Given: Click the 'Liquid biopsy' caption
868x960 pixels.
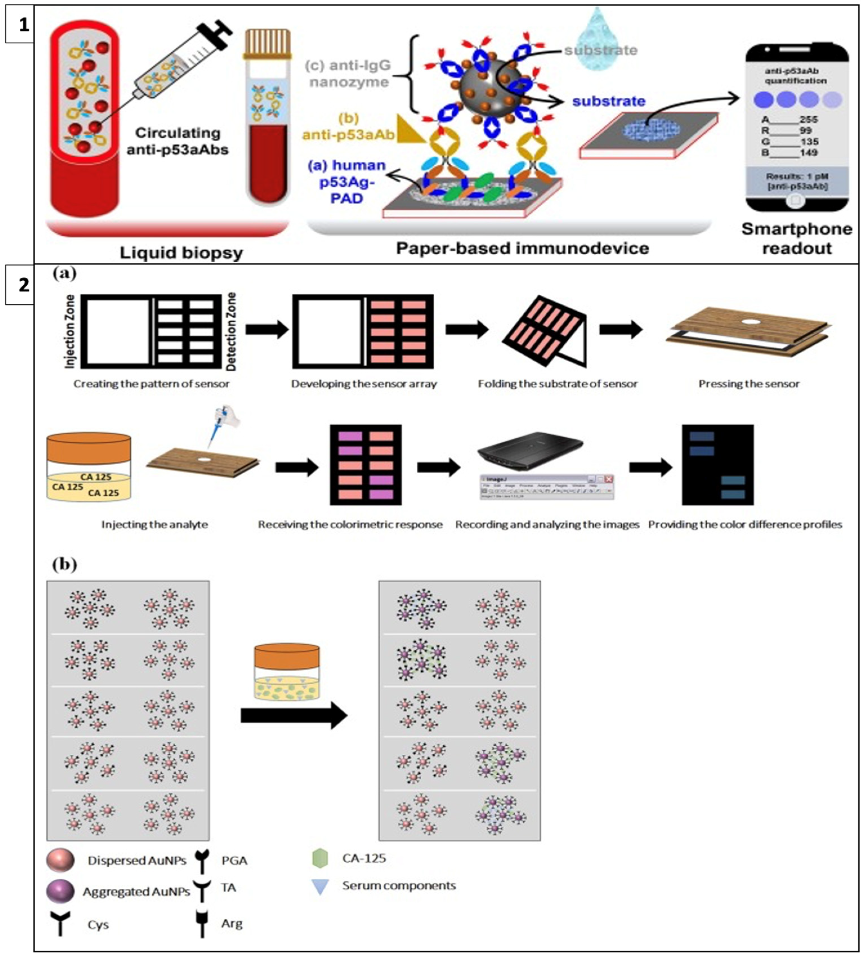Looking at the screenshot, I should pyautogui.click(x=182, y=252).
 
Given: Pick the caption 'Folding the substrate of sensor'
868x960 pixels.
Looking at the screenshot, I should pyautogui.click(x=558, y=384).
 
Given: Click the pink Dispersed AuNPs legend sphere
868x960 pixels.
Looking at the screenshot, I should pyautogui.click(x=61, y=860).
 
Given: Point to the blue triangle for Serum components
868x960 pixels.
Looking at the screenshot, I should pyautogui.click(x=320, y=887).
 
